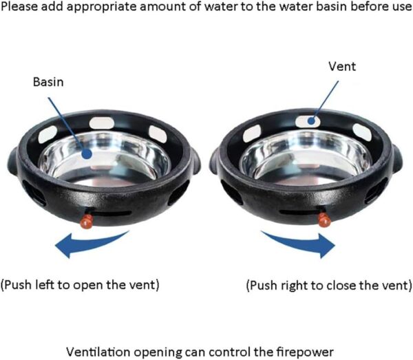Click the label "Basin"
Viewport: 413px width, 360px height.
pyautogui.click(x=48, y=82)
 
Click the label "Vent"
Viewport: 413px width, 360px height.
pyautogui.click(x=342, y=66)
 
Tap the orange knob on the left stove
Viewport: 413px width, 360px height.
pyautogui.click(x=87, y=221)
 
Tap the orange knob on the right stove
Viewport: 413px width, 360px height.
pyautogui.click(x=324, y=220)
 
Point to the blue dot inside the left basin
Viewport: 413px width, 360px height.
pyautogui.click(x=87, y=153)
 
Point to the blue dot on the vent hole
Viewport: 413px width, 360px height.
pyautogui.click(x=312, y=121)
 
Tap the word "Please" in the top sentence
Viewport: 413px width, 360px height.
pyautogui.click(x=20, y=7)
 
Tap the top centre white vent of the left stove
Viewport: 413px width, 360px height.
pyautogui.click(x=102, y=123)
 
